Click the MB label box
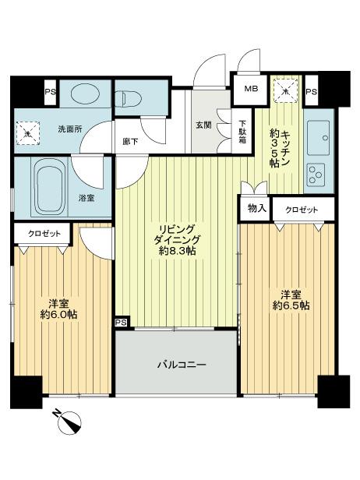[252, 89]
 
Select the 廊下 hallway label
[130, 142]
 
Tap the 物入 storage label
[256, 208]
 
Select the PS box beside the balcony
[122, 321]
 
